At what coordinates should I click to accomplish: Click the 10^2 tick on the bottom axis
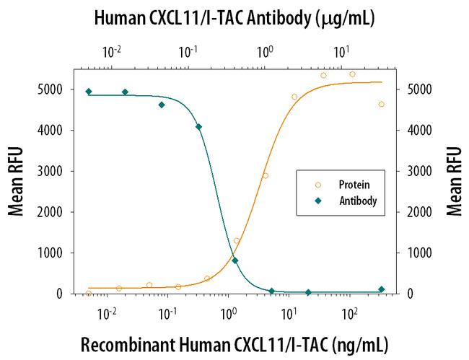(x=349, y=312)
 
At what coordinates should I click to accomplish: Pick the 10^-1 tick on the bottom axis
(x=168, y=312)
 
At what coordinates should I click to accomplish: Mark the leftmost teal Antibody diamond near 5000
(x=89, y=92)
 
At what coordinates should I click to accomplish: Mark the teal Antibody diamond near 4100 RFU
(x=198, y=127)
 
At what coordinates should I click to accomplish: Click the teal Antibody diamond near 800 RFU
(x=235, y=260)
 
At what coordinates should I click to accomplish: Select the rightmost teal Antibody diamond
(x=381, y=289)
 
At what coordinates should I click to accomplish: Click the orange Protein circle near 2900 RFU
(x=266, y=175)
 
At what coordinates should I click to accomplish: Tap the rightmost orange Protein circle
(x=381, y=104)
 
